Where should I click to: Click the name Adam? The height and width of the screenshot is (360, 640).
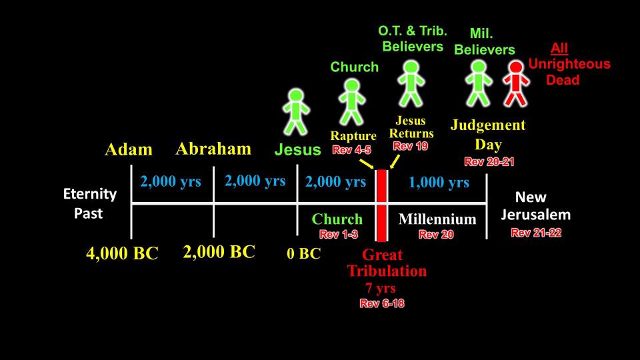pyautogui.click(x=129, y=149)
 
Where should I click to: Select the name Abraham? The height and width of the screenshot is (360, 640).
pyautogui.click(x=213, y=149)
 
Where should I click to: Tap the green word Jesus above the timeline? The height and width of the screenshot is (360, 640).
pyautogui.click(x=297, y=149)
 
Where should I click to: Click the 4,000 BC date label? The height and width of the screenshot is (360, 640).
pyautogui.click(x=122, y=253)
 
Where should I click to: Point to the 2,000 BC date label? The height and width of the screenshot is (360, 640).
pyautogui.click(x=219, y=252)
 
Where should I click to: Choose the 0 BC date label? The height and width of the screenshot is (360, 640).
pyautogui.click(x=304, y=253)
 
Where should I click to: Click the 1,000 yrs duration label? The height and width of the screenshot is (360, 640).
pyautogui.click(x=439, y=182)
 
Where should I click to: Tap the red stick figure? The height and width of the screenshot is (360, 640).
pyautogui.click(x=516, y=84)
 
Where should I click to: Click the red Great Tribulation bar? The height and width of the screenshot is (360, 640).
pyautogui.click(x=381, y=205)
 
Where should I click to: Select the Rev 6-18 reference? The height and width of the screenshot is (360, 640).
pyautogui.click(x=382, y=303)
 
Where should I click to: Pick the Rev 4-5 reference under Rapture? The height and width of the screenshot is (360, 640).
pyautogui.click(x=351, y=150)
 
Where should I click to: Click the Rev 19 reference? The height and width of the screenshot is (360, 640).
pyautogui.click(x=411, y=146)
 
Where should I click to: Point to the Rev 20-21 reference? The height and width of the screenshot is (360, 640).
pyautogui.click(x=489, y=161)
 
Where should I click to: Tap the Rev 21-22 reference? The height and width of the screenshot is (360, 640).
pyautogui.click(x=536, y=233)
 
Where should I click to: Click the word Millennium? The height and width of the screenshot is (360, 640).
pyautogui.click(x=437, y=219)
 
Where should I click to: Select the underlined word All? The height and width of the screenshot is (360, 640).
pyautogui.click(x=559, y=48)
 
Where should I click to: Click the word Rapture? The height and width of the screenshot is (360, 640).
pyautogui.click(x=353, y=136)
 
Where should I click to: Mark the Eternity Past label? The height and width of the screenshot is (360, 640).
pyautogui.click(x=90, y=203)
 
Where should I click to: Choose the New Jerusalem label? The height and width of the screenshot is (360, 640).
pyautogui.click(x=535, y=206)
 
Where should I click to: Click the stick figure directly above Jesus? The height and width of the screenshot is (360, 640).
pyautogui.click(x=296, y=112)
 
